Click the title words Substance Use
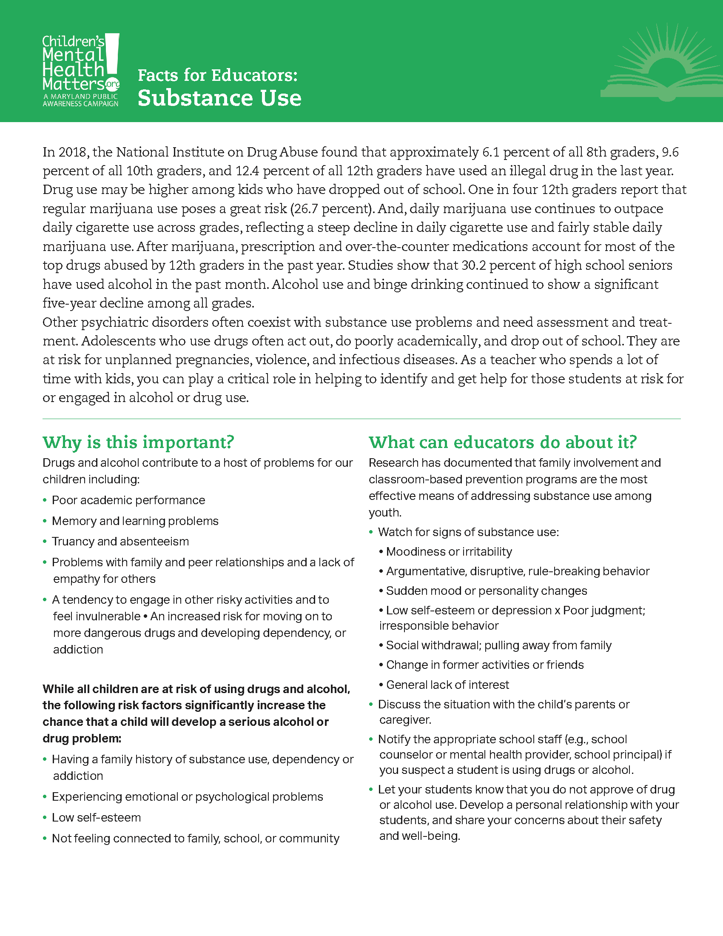pyautogui.click(x=219, y=98)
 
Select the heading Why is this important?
pyautogui.click(x=138, y=442)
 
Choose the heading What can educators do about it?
pyautogui.click(x=503, y=442)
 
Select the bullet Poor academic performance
pyautogui.click(x=128, y=500)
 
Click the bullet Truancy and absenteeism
pyautogui.click(x=120, y=541)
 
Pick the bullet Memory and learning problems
pyautogui.click(x=135, y=521)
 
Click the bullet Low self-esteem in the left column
pyautogui.click(x=96, y=817)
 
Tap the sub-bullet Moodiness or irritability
pyautogui.click(x=448, y=551)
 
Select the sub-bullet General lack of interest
pyautogui.click(x=447, y=685)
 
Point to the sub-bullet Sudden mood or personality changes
pyautogui.click(x=486, y=591)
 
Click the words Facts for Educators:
pyautogui.click(x=217, y=75)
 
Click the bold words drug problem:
pyautogui.click(x=82, y=739)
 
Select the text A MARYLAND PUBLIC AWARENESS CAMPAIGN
pyautogui.click(x=80, y=100)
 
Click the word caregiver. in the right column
pyautogui.click(x=405, y=719)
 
